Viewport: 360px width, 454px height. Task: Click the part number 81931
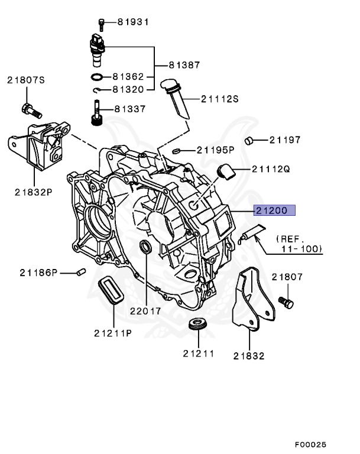point(132,22)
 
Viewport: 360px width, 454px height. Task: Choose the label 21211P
point(112,332)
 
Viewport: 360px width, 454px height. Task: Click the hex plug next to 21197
point(251,141)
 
